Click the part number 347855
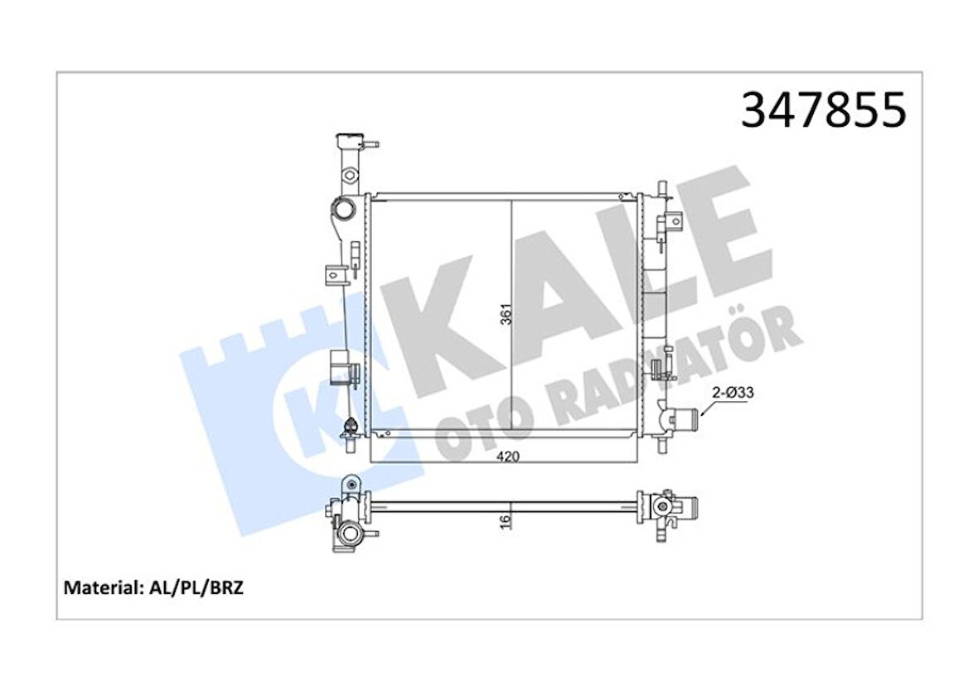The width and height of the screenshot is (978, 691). (x=823, y=111)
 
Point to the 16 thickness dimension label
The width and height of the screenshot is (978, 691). (x=506, y=519)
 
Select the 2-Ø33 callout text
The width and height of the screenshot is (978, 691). (x=732, y=394)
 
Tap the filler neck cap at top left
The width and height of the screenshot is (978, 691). (x=348, y=137)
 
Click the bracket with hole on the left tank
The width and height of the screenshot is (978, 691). (x=336, y=271)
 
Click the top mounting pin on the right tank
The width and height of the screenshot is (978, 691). (x=661, y=185)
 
